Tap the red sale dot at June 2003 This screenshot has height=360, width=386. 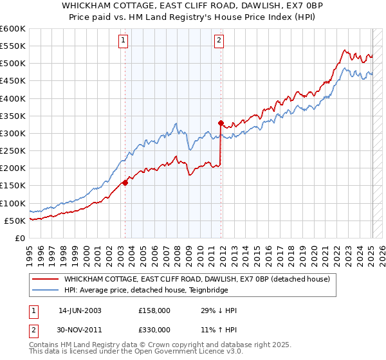125,183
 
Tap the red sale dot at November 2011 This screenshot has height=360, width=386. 220,123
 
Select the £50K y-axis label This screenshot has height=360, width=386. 15,221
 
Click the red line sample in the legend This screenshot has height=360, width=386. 44,279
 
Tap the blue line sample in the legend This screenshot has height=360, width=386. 44,290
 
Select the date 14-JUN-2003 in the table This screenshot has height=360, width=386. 80,310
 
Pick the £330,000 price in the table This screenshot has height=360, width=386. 154,330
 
